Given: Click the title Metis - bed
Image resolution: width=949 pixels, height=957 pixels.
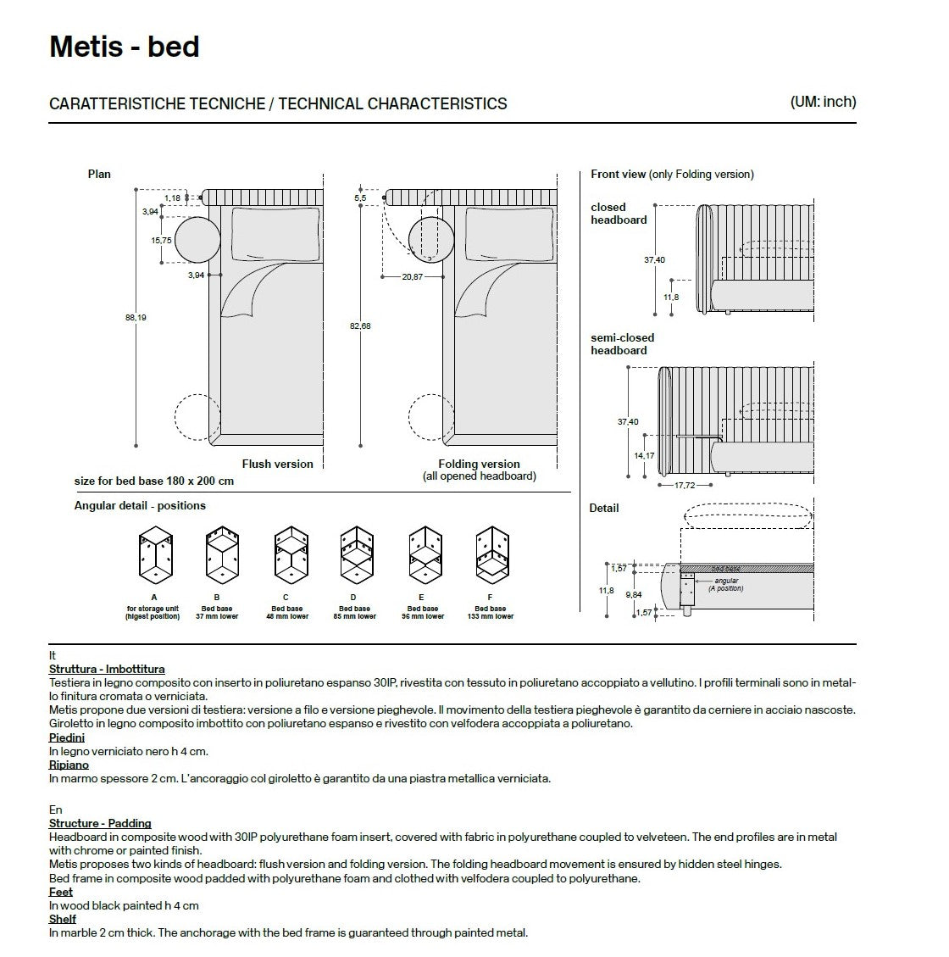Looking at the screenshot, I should (x=125, y=47).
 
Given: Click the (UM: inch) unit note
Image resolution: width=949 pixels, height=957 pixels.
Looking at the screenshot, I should (x=823, y=102).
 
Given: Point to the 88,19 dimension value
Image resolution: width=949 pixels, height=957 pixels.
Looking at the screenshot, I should (x=136, y=318).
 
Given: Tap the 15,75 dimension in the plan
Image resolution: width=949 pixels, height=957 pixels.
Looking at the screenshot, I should (x=161, y=241).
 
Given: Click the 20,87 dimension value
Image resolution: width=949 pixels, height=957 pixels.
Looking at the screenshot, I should (x=413, y=277).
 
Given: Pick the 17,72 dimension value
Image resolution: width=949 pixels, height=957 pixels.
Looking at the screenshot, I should (x=685, y=486).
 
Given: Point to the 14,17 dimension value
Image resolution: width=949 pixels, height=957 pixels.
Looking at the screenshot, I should (x=644, y=456).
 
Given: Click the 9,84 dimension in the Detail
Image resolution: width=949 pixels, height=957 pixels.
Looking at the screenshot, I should (x=632, y=595).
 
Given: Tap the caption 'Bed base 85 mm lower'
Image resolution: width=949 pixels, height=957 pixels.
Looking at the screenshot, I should (x=354, y=613).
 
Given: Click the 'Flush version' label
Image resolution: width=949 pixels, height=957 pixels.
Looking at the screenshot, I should (x=277, y=465).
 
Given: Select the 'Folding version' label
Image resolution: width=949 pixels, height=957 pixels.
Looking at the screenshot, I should (x=479, y=465).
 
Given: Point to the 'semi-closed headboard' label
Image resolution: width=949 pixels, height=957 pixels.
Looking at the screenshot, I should (x=622, y=344).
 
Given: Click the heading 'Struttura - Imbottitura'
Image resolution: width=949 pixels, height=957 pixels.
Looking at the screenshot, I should (x=107, y=670).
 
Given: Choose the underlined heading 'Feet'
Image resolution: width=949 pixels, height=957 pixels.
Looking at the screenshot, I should (x=61, y=892).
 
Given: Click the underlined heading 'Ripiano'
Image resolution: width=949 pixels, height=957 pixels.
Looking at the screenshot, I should (x=69, y=765).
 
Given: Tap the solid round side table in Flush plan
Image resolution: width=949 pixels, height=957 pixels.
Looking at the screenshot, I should (x=197, y=240).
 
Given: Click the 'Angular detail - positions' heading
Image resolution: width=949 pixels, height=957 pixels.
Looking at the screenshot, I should (x=140, y=506).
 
